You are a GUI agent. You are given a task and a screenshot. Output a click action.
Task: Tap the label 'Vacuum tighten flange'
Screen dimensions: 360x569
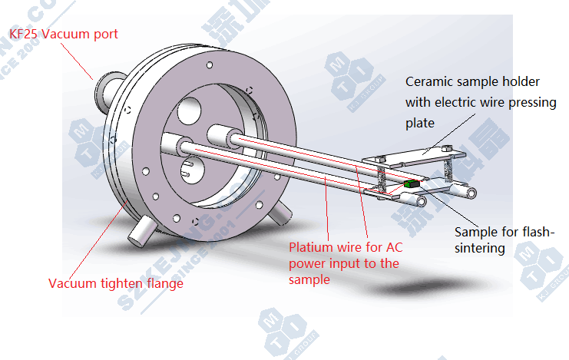pyautogui.click(x=116, y=283)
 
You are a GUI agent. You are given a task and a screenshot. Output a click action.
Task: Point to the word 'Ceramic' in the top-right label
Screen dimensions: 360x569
pyautogui.click(x=428, y=81)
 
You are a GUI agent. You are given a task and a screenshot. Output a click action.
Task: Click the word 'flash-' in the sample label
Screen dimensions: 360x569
pyautogui.click(x=536, y=232)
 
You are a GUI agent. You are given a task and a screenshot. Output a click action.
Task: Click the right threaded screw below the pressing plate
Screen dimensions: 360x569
pyautogui.click(x=448, y=170)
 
